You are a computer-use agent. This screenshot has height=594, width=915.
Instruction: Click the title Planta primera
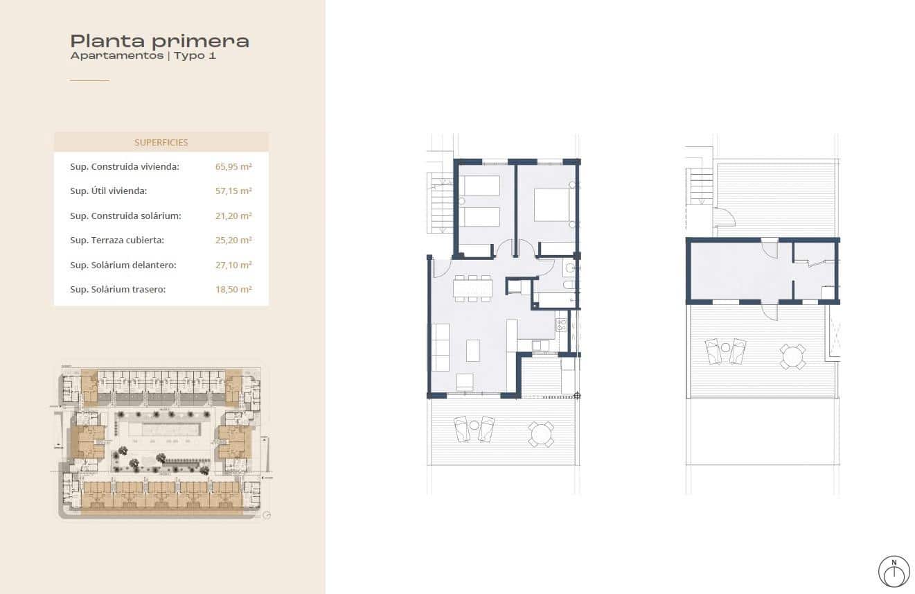[159, 41]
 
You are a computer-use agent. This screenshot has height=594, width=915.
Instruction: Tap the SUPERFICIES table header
[161, 142]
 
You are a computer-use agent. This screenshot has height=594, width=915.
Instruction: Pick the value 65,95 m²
[233, 167]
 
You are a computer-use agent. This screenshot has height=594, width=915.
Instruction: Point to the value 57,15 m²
[233, 191]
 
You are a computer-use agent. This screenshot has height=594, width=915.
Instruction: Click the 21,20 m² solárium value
[233, 216]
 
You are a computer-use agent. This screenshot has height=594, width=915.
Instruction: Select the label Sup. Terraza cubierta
[116, 241]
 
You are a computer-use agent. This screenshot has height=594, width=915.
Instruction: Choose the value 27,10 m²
[233, 265]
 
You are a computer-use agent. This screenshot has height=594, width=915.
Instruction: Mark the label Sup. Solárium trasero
[118, 290]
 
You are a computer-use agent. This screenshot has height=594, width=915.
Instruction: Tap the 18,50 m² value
[233, 290]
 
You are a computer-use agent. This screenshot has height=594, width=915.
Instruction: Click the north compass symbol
[894, 571]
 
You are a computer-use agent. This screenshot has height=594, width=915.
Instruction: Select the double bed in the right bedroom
[552, 206]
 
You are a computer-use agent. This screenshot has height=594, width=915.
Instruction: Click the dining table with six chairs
[473, 288]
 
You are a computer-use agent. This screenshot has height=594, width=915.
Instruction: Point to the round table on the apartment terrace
[540, 435]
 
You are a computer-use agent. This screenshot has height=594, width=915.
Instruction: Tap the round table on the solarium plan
[792, 356]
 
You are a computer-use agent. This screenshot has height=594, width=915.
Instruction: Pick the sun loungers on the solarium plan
[725, 351]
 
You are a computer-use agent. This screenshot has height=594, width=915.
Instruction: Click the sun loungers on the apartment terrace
[474, 429]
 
